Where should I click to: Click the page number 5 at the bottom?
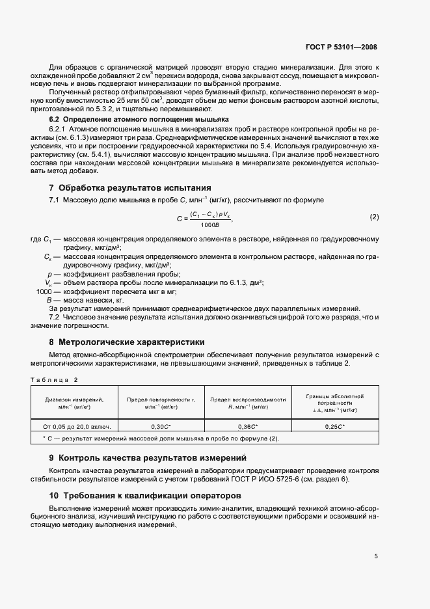click(376, 556)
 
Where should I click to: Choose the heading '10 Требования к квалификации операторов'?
click(141, 496)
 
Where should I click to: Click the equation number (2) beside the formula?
click(374, 216)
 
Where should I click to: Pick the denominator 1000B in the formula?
click(210, 224)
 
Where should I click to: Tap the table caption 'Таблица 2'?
click(54, 379)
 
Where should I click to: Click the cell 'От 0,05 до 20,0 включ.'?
click(77, 426)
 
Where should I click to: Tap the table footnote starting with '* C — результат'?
click(156, 438)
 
